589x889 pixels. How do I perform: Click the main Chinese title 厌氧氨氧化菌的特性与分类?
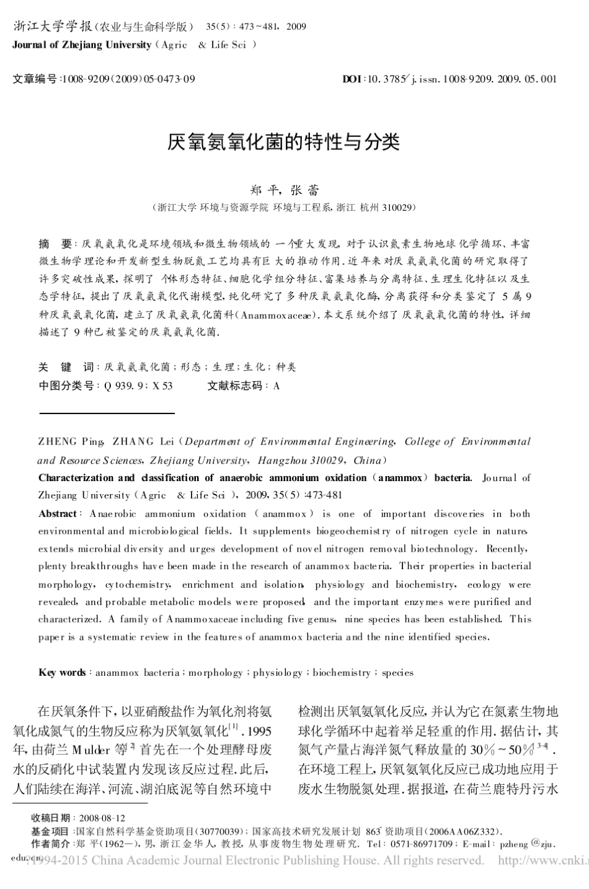point(284,143)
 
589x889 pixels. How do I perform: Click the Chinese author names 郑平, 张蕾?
point(284,190)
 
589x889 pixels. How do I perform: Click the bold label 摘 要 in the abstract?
point(55,244)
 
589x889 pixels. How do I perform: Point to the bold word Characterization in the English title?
point(76,478)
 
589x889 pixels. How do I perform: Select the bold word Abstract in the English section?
point(58,514)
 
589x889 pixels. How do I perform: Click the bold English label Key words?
point(62,673)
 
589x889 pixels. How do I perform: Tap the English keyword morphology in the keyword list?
point(216,673)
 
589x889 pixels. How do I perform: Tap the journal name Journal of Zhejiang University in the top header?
point(82,45)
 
